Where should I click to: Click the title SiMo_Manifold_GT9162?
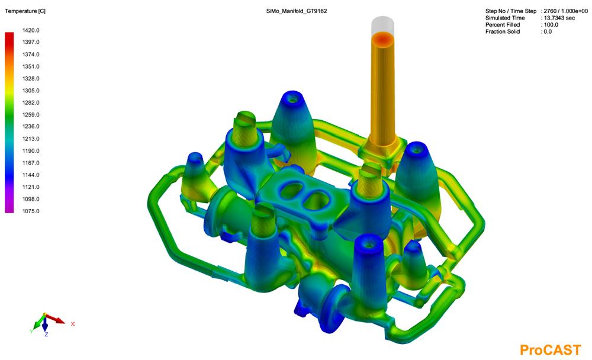(297, 11)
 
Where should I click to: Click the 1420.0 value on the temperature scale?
(31, 30)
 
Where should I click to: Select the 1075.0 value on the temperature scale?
(31, 211)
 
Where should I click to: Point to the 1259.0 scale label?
(31, 114)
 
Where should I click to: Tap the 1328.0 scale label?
(31, 78)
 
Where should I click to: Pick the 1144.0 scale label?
(31, 175)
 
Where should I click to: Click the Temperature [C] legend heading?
(25, 11)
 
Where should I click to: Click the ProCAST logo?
(550, 350)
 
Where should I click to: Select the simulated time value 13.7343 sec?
(559, 18)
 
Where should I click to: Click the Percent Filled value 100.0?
(551, 24)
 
